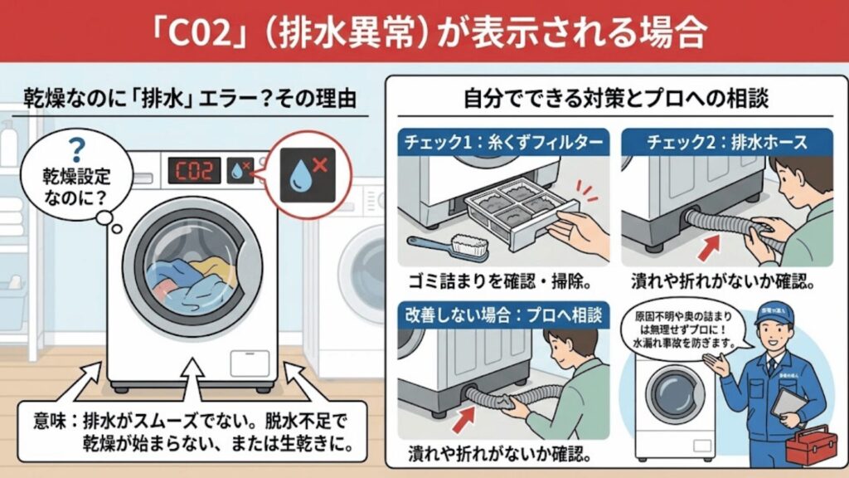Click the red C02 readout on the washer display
point(195,171)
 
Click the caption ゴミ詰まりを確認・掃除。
point(503,280)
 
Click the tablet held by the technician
point(787,405)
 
